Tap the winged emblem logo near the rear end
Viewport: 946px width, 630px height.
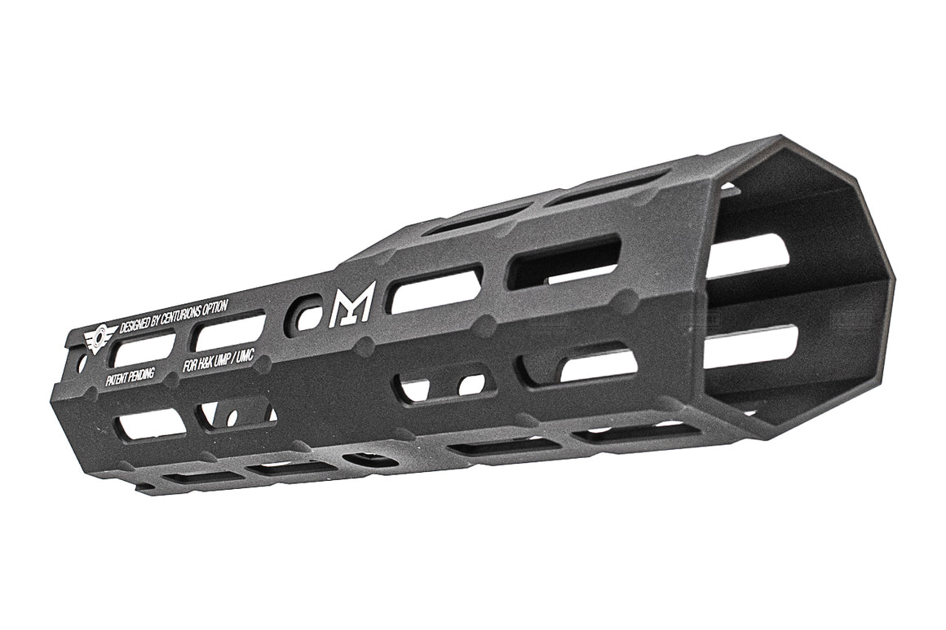click(98, 337)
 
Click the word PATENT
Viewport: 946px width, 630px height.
click(117, 380)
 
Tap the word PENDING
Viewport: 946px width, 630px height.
click(142, 374)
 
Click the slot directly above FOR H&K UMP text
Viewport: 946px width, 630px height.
click(229, 332)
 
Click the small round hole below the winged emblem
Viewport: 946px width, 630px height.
click(82, 365)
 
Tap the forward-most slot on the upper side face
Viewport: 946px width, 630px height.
click(564, 262)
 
